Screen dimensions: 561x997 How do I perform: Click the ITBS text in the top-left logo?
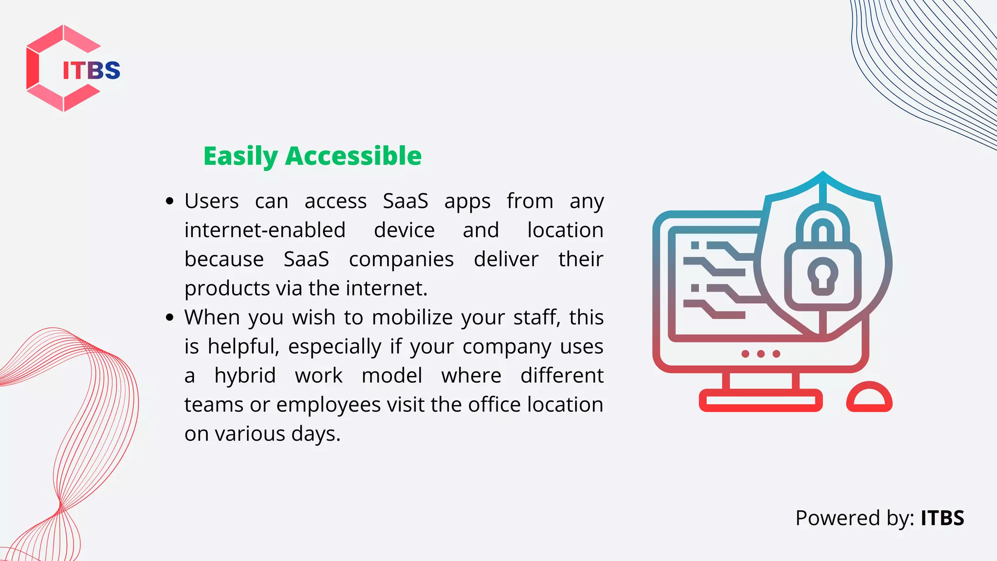(x=91, y=71)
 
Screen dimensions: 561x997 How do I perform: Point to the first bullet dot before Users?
(x=169, y=201)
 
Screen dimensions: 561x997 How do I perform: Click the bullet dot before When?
(x=169, y=318)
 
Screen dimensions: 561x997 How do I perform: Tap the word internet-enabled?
(x=265, y=230)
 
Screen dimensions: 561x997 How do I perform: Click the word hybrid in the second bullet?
(x=245, y=375)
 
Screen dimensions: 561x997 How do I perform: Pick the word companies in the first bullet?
(x=401, y=260)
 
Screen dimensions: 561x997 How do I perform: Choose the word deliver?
(x=506, y=259)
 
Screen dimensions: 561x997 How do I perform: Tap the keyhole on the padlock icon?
(x=823, y=276)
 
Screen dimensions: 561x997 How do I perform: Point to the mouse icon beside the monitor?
(x=869, y=397)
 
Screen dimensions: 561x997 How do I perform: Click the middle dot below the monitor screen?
(x=761, y=354)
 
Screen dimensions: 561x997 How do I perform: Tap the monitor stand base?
(x=760, y=400)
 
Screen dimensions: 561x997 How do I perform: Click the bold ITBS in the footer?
(x=942, y=518)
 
